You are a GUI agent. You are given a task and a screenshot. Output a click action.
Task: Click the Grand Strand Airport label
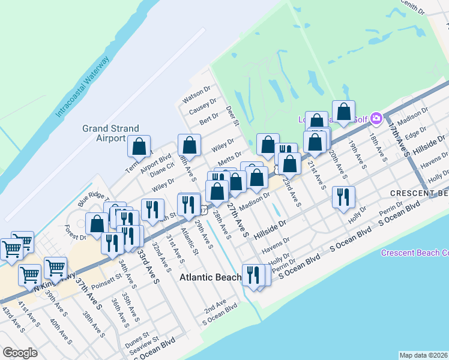[110, 133]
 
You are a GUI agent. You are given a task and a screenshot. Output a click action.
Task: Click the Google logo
[20, 353]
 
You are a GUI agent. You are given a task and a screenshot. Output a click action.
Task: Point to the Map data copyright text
[424, 355]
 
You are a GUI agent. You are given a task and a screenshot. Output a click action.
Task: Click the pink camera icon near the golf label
[377, 118]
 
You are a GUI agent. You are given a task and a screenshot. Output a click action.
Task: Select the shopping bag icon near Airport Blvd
[139, 146]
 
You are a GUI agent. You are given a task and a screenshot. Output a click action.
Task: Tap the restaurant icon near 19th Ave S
[343, 197]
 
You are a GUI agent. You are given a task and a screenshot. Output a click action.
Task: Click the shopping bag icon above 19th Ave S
[343, 112]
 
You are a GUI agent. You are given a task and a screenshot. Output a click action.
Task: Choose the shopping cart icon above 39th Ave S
[55, 268]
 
